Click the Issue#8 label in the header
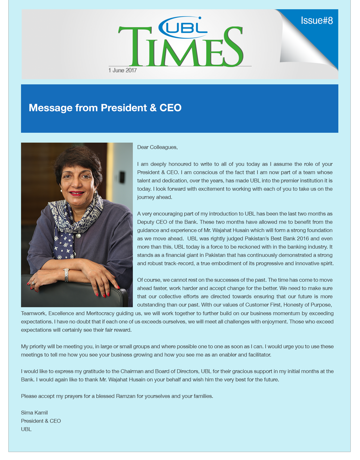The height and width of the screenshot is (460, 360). pos(317,21)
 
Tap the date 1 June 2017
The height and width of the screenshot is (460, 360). pos(122,70)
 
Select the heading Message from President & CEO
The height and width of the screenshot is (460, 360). pos(105,108)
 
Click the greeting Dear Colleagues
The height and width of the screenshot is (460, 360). pos(157,147)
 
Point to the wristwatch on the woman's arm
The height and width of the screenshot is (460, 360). pos(66,275)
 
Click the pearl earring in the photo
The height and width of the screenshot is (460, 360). pos(61,190)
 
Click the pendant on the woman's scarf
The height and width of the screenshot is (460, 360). pos(78,236)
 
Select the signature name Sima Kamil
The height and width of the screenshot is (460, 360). pos(34,413)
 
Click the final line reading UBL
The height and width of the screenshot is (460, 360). pos(26,429)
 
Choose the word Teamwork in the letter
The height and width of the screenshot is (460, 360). pos(33,313)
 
